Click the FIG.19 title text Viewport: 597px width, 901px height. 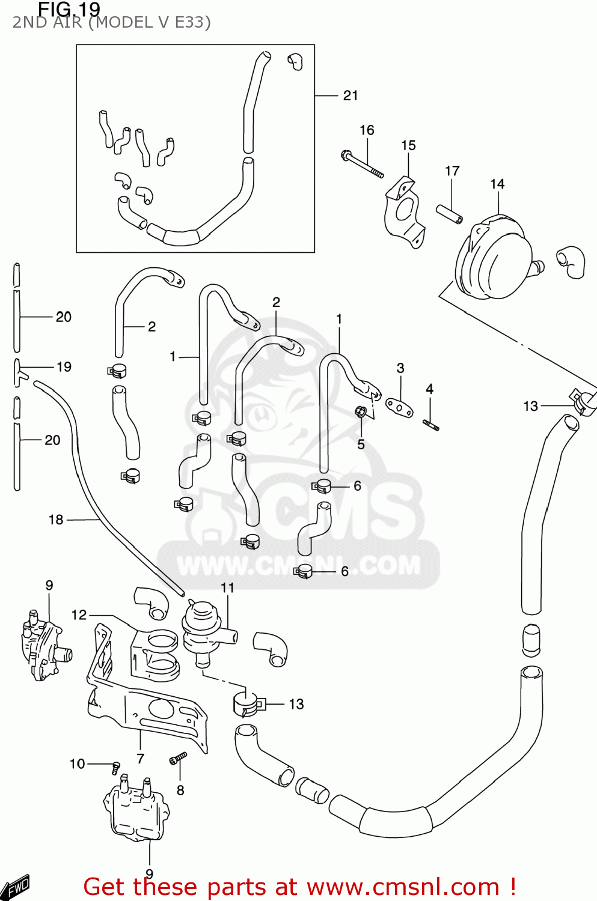[x=69, y=9]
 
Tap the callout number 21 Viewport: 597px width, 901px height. [x=351, y=96]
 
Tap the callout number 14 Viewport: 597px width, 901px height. [x=497, y=184]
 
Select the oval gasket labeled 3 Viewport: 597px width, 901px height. [x=399, y=407]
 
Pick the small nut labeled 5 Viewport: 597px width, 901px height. [x=361, y=412]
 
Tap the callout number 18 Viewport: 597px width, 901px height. [x=56, y=520]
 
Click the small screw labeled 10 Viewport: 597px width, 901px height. [x=115, y=766]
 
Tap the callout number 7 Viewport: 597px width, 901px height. [x=141, y=759]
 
